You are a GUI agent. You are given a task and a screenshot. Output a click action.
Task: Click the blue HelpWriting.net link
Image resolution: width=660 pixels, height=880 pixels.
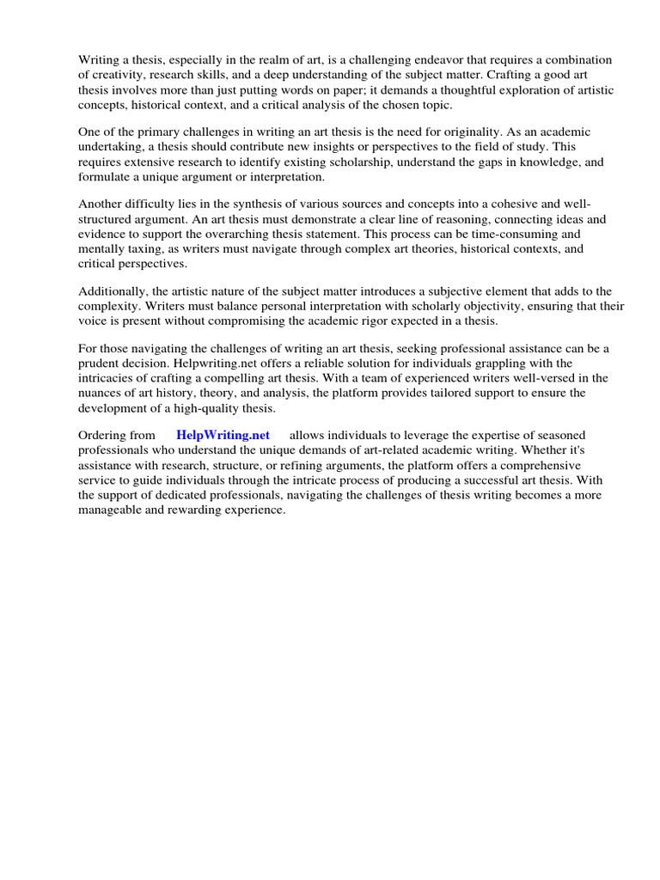(x=223, y=436)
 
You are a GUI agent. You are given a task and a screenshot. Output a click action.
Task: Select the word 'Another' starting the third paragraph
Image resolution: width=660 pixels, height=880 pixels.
(x=101, y=204)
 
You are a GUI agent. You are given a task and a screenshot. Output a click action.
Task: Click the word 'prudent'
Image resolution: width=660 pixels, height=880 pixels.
(x=102, y=363)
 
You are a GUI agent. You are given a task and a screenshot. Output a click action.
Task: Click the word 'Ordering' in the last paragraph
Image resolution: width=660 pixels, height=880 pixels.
(x=105, y=436)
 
